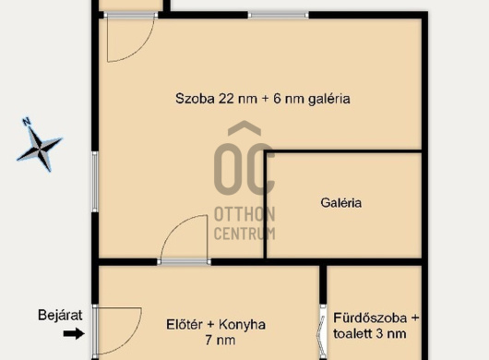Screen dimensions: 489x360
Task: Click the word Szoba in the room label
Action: (x=195, y=99)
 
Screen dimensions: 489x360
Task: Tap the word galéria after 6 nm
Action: (x=329, y=99)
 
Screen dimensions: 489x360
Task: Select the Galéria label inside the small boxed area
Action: (x=341, y=203)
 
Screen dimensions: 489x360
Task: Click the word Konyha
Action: (x=242, y=325)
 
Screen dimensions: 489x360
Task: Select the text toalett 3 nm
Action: (x=370, y=333)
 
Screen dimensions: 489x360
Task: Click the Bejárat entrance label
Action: (x=60, y=315)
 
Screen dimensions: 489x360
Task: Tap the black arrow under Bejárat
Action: (x=74, y=334)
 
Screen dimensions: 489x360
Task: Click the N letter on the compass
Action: (x=27, y=121)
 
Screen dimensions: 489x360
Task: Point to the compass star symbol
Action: (x=40, y=149)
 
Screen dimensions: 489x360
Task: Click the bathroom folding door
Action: (x=321, y=331)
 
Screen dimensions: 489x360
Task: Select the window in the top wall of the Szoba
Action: (x=279, y=15)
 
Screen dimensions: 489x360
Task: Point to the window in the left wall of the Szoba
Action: (x=95, y=182)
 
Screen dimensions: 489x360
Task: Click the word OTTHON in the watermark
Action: (x=244, y=214)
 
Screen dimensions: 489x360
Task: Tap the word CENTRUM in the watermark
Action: (x=244, y=233)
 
